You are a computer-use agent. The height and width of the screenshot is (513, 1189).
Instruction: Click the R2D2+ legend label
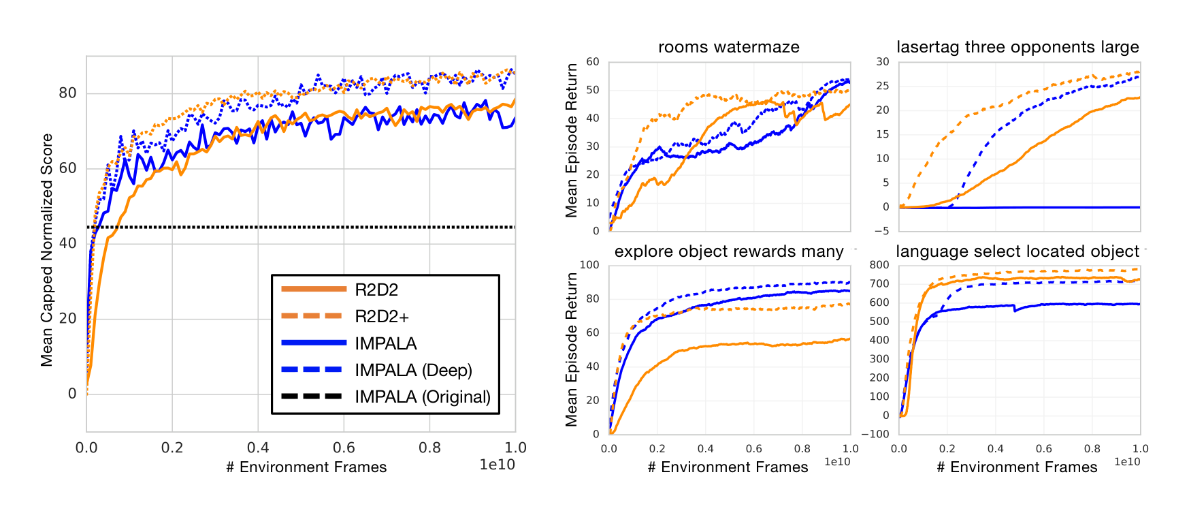point(381,317)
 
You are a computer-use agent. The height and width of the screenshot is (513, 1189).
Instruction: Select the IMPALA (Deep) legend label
point(413,371)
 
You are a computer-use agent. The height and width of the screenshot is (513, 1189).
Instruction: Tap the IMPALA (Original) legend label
point(422,397)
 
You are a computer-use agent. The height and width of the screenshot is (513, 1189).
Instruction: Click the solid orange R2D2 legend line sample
point(312,290)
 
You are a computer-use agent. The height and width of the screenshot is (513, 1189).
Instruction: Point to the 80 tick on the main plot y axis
point(67,93)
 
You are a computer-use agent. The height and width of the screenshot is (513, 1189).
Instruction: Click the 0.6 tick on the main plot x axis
point(344,448)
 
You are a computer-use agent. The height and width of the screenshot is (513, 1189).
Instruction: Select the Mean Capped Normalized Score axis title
point(47,250)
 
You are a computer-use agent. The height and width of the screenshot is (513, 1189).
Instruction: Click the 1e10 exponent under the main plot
point(497,465)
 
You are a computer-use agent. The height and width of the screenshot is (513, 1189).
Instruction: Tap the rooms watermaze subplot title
point(728,47)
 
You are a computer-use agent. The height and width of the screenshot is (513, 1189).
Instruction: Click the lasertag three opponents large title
point(1017,47)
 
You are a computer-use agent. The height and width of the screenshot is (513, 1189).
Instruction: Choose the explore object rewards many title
point(728,251)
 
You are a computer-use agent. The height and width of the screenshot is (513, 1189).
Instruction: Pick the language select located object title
point(1017,251)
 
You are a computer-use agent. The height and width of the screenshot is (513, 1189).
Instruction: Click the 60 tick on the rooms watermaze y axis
point(593,62)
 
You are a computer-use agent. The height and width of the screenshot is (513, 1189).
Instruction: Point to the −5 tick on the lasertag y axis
point(882,231)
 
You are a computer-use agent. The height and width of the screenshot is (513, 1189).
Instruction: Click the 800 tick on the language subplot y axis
point(880,265)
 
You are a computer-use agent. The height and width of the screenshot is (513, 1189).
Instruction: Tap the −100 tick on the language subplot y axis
point(875,434)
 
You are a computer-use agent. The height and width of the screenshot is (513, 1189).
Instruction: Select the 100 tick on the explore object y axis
point(589,265)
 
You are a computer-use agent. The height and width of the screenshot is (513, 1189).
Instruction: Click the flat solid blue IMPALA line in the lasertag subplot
point(1055,208)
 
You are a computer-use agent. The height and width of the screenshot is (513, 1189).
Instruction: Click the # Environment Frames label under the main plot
point(306,467)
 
